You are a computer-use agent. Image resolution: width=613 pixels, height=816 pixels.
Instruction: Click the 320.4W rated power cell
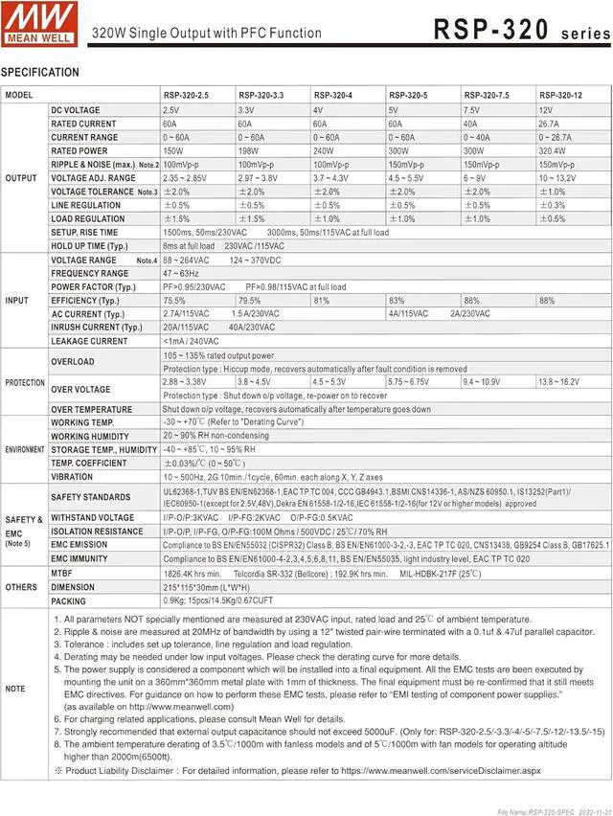[552, 150]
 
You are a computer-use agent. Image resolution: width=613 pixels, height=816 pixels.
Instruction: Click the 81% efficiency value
[321, 300]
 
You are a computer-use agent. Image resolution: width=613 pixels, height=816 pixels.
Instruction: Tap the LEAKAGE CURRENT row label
[89, 341]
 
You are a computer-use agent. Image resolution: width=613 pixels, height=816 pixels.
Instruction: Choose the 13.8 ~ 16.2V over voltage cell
[558, 381]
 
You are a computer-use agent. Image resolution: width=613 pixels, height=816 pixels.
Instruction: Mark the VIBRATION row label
[72, 476]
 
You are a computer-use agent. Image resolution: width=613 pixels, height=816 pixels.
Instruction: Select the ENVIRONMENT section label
[24, 449]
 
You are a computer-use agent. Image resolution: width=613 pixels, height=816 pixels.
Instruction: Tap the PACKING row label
[69, 601]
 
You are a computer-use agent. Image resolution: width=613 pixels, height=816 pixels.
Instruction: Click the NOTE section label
[15, 688]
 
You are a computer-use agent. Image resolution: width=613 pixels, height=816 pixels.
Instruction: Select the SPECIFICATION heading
[40, 73]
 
